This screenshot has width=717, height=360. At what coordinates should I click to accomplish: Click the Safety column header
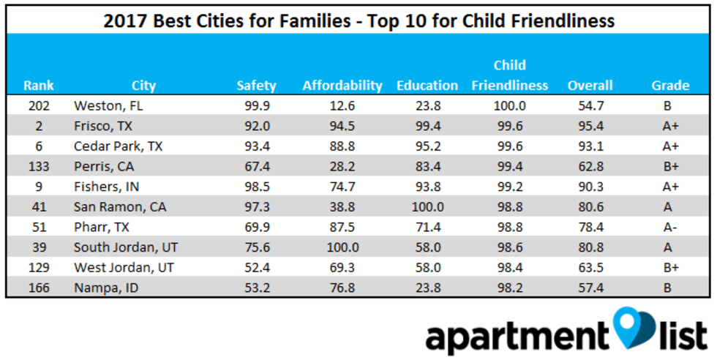click(256, 86)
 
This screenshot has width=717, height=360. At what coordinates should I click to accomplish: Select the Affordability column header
click(342, 86)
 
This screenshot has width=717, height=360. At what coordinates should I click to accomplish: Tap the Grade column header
click(670, 86)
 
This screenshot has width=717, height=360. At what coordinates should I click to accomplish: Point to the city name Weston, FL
click(105, 105)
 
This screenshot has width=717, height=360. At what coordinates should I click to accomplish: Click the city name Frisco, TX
click(103, 126)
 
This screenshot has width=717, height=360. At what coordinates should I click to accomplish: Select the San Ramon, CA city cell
click(120, 207)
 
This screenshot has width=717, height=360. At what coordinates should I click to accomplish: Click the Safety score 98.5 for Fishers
click(258, 187)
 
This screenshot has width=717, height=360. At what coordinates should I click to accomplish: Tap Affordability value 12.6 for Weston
click(342, 105)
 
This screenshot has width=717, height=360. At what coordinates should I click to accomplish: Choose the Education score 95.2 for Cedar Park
click(427, 146)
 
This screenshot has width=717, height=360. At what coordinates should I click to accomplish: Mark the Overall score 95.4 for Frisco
click(590, 126)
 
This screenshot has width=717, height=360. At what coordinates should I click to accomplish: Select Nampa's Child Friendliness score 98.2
click(509, 288)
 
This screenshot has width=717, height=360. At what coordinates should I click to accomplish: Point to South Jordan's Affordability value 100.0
click(342, 247)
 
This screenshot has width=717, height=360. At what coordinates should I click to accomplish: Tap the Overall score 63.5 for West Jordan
click(590, 268)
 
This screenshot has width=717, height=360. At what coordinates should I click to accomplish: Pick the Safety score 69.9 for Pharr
click(258, 227)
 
